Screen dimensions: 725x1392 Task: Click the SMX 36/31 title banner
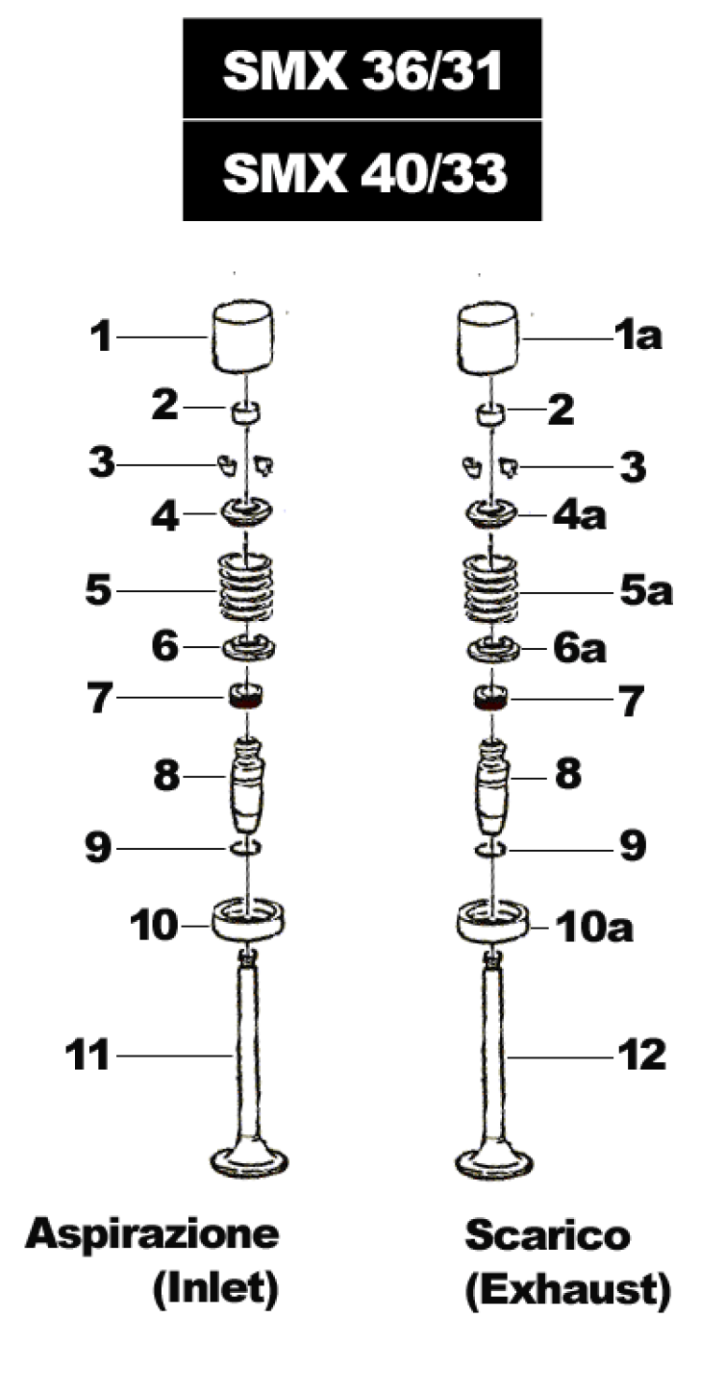click(362, 68)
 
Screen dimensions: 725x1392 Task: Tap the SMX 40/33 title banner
click(362, 170)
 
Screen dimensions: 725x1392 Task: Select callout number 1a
click(637, 336)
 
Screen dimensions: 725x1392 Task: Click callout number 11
click(87, 1055)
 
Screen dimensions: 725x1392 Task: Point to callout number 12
click(641, 1055)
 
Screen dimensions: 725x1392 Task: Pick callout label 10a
click(594, 927)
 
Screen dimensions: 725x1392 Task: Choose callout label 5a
click(646, 591)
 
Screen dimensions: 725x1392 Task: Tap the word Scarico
click(548, 1234)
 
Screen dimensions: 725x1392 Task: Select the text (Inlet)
click(215, 1290)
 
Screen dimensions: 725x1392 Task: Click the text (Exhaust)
click(568, 1290)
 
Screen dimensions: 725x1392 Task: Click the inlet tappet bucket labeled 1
click(242, 337)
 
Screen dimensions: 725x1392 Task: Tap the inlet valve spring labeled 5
click(246, 588)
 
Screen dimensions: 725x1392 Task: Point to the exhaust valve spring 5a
click(491, 588)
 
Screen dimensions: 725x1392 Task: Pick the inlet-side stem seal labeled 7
click(246, 697)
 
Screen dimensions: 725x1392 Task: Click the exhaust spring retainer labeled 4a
click(491, 514)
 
